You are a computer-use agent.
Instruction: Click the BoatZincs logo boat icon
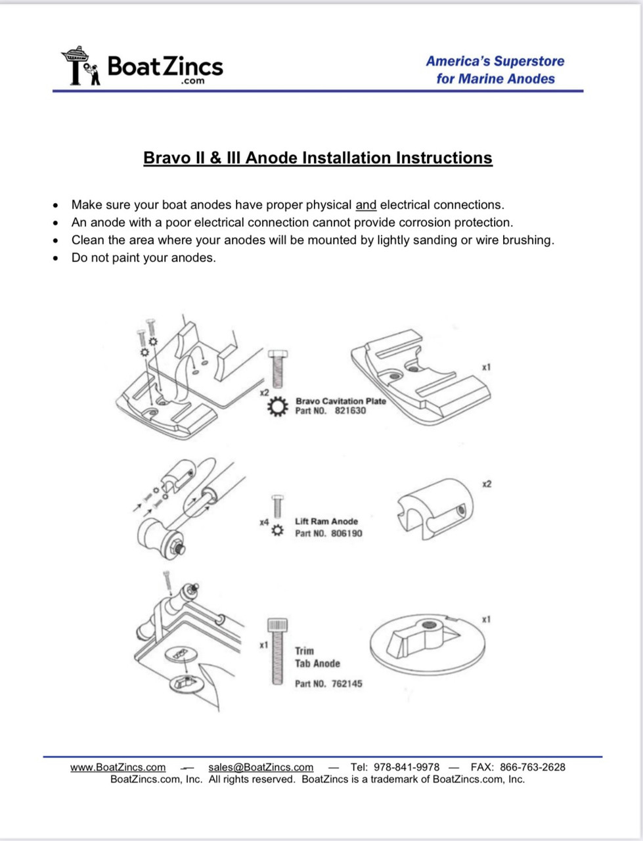tap(81, 66)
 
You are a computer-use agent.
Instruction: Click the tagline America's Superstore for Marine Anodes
tap(495, 70)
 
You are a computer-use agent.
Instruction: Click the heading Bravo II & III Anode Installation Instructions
tap(318, 158)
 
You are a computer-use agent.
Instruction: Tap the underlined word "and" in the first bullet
tap(366, 205)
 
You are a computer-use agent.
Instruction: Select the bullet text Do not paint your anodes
tap(143, 258)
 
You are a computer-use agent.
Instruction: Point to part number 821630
tap(350, 411)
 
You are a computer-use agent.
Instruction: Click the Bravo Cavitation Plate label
tap(340, 401)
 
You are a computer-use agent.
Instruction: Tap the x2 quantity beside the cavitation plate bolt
tap(264, 392)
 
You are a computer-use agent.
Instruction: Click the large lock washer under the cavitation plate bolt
tap(277, 408)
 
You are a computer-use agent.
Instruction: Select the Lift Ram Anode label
tap(326, 521)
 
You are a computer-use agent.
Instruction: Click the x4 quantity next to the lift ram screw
tap(264, 522)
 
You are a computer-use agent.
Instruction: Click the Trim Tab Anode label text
tap(317, 657)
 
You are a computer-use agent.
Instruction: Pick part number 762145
tap(346, 683)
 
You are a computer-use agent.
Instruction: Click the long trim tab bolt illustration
tap(277, 652)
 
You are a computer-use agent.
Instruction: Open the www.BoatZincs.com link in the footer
tap(118, 767)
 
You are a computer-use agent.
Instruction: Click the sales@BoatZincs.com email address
tap(261, 767)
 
